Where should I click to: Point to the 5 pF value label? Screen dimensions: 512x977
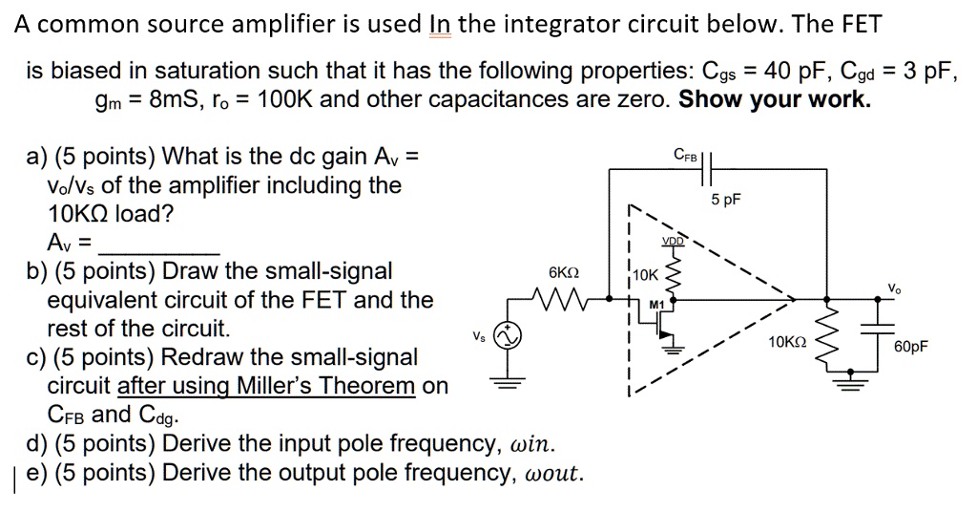[726, 200]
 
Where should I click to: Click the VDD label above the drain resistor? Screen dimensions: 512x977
[673, 243]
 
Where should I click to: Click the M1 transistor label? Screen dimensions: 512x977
[655, 305]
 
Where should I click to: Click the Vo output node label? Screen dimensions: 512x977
[893, 288]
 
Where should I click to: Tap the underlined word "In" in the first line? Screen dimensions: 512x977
[440, 25]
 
